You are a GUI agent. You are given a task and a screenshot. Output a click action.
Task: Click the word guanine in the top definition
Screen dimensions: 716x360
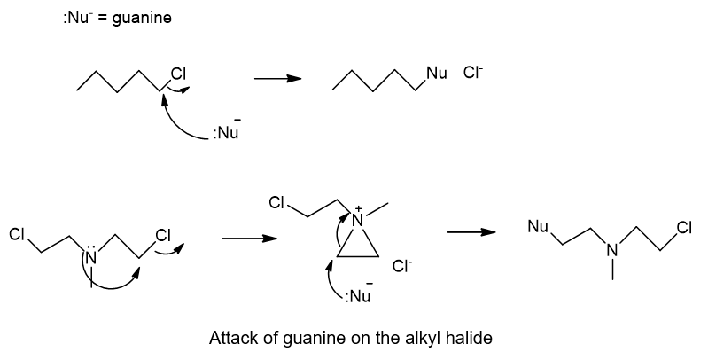tap(142, 19)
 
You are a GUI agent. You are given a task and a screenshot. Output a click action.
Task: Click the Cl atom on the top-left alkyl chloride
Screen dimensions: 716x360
tap(178, 74)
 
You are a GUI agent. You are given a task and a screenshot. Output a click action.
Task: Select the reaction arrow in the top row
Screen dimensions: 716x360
tap(277, 79)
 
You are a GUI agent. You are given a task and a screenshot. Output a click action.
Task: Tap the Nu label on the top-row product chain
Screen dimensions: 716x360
tap(437, 73)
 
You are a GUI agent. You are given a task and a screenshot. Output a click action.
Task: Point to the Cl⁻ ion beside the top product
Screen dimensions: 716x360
tap(473, 73)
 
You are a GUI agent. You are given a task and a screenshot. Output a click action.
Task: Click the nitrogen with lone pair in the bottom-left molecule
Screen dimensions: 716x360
tap(91, 256)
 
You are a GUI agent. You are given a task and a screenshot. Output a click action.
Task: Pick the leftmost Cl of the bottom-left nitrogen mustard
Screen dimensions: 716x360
tap(17, 234)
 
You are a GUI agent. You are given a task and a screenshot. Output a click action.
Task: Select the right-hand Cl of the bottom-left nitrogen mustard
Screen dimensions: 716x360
tap(163, 235)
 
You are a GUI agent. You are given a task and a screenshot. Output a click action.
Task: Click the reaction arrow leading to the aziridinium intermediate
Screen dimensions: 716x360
tap(249, 239)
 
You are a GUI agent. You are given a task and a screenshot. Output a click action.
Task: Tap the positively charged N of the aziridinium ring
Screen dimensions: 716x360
tap(359, 219)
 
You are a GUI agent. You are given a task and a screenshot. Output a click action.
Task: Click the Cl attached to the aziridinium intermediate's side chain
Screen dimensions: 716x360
tap(276, 202)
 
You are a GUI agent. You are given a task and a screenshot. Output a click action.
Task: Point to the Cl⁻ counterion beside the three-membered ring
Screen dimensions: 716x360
tap(402, 266)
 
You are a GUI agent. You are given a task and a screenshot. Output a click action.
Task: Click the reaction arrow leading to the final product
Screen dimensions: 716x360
tap(471, 232)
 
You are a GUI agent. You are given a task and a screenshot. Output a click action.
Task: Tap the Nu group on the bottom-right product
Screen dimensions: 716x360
tap(538, 226)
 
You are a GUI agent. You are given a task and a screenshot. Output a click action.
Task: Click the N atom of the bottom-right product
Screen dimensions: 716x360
tap(612, 250)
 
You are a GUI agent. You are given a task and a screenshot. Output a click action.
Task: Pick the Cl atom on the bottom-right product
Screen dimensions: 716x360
tap(684, 227)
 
